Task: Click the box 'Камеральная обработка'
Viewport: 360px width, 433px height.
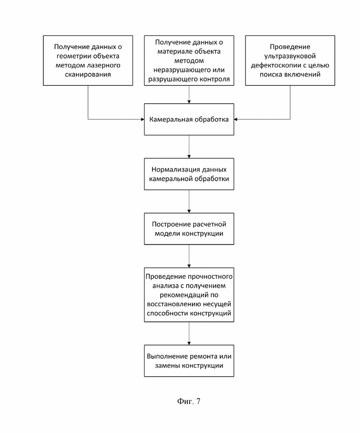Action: tap(189, 119)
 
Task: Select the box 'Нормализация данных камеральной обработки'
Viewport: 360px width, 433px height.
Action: tap(189, 174)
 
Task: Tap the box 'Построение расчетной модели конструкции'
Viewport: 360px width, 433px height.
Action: tap(189, 229)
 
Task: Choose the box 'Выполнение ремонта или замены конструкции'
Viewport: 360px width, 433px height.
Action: tap(189, 361)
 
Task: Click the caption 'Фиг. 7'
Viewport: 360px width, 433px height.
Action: tap(189, 401)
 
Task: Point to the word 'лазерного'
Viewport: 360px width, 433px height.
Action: tap(104, 65)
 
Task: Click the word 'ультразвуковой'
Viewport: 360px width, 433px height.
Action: tap(290, 56)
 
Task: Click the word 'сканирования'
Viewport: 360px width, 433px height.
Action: tap(88, 75)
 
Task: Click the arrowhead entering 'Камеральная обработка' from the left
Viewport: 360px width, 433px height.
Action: tap(143, 119)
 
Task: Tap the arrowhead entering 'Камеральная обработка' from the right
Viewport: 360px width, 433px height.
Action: tap(235, 119)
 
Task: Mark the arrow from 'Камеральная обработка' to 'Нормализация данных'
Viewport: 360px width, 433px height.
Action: tap(189, 147)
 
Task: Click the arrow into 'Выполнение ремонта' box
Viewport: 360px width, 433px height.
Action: tap(189, 333)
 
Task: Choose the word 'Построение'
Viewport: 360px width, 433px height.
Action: tap(168, 224)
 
